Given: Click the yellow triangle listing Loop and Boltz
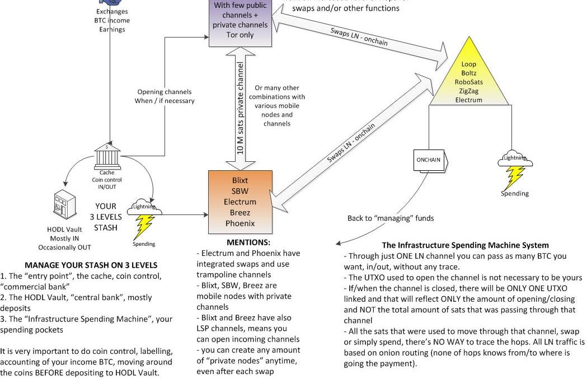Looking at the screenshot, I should pos(468,78).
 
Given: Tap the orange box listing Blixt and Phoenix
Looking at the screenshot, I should pos(240,202).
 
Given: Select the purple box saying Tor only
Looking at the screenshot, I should pos(240,22).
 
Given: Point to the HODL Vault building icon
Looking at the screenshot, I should pos(64,207).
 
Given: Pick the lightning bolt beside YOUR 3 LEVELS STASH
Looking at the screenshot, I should pos(144,226).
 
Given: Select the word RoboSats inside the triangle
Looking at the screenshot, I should pos(469,82).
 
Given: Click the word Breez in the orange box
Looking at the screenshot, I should pos(240,212).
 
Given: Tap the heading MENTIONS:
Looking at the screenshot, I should pos(248,242).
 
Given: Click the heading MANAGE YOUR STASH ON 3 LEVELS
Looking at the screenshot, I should pos(91,265).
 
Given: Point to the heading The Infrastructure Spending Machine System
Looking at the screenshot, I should pos(465,245).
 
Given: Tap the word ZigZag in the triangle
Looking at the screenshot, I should pos(469,91).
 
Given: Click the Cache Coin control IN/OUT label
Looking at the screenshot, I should pos(107,180).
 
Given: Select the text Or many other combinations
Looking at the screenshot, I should pos(277,92).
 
